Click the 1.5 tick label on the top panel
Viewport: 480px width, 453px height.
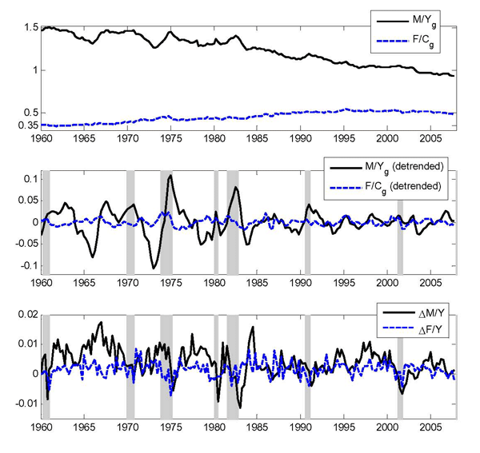[x=30, y=28]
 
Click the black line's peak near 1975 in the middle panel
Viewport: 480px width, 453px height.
[x=170, y=175]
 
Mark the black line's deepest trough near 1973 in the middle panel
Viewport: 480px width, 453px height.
[x=154, y=268]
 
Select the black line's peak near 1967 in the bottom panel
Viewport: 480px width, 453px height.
[x=101, y=322]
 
